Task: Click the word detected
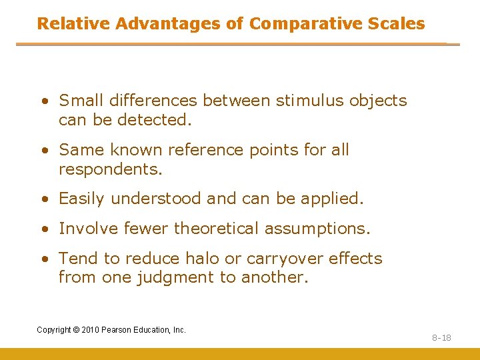[154, 120]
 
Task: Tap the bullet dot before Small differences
[43, 101]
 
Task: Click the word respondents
[110, 170]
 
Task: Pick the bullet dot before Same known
[43, 151]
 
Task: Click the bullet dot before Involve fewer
[43, 229]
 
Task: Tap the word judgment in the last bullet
[165, 277]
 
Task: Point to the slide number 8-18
[441, 338]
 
